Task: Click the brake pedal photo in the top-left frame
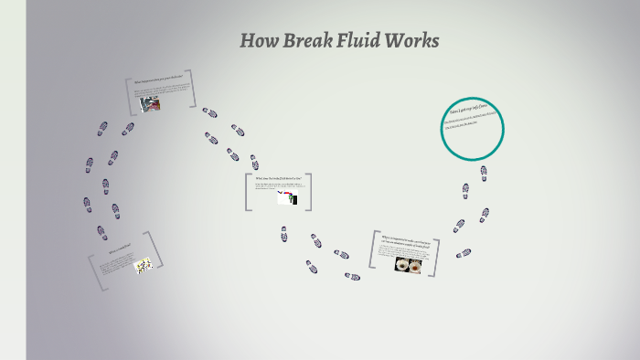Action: point(152,104)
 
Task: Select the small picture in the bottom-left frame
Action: point(143,266)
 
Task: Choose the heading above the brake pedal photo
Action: point(157,81)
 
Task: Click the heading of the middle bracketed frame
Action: point(278,178)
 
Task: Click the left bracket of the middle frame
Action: point(248,193)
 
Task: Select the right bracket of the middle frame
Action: point(309,191)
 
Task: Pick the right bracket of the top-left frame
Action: point(194,90)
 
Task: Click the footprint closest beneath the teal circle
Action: point(484,171)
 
